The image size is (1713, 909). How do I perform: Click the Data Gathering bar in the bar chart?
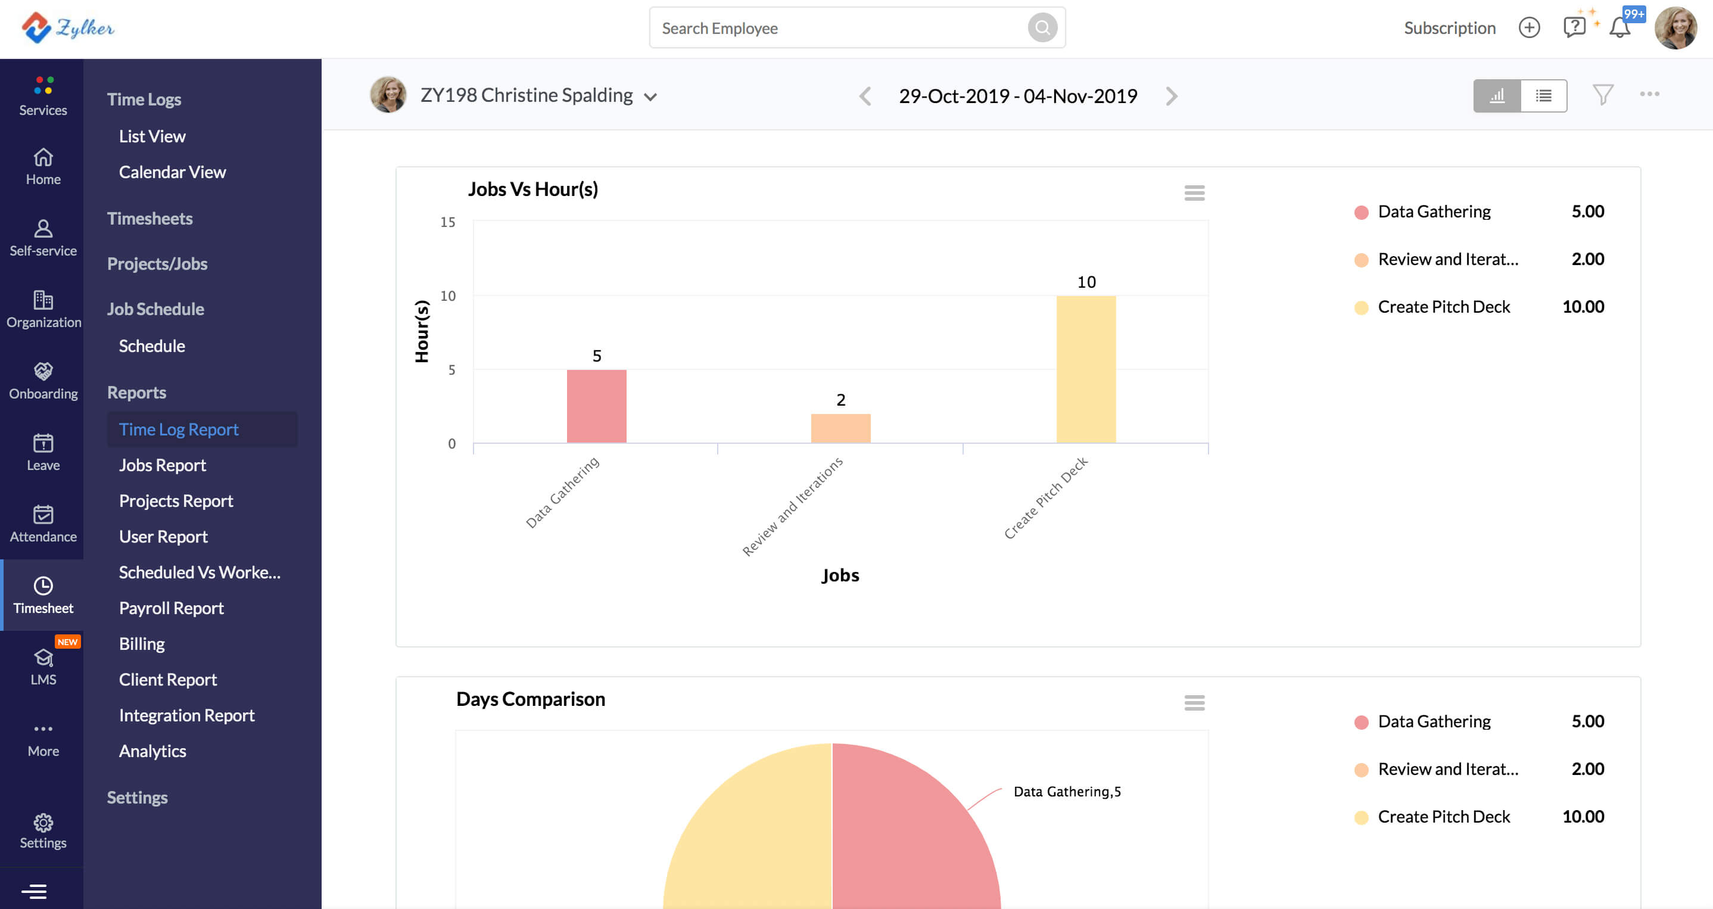[596, 406]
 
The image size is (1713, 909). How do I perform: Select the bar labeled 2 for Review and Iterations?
[840, 428]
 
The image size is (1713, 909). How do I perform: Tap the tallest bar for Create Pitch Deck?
[1086, 369]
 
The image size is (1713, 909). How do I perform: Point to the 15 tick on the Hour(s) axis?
[447, 222]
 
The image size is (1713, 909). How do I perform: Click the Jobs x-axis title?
[840, 575]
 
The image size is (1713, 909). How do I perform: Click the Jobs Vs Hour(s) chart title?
[532, 189]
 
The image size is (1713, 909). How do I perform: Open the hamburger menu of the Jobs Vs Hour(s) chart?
[1194, 193]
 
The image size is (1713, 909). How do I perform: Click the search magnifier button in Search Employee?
[1042, 28]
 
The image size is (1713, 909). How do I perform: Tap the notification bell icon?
[1619, 28]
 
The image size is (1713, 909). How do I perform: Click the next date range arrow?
[1172, 96]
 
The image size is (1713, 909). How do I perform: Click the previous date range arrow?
[864, 96]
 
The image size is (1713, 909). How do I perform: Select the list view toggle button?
[1543, 96]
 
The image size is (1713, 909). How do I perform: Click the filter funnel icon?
[1603, 95]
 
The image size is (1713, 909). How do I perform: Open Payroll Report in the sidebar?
[171, 608]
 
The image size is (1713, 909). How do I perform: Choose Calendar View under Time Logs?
[172, 172]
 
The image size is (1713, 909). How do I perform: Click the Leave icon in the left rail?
[43, 442]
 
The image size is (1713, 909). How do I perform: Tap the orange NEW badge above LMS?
[67, 642]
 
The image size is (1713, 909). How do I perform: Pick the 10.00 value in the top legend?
[1583, 307]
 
